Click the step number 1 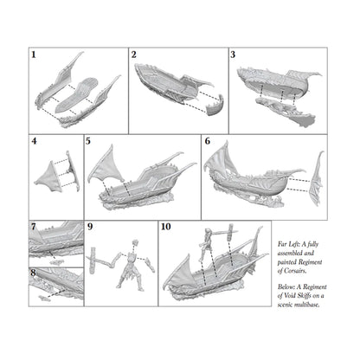pos(34,55)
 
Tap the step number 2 pos(133,55)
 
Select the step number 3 pos(233,55)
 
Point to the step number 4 pos(35,141)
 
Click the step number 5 pos(88,141)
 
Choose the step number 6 pos(208,141)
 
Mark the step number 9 pos(90,227)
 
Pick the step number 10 pos(166,227)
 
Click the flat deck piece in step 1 pos(77,95)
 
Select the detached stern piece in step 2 pos(215,106)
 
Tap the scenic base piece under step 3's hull pos(286,112)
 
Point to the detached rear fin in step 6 pos(316,178)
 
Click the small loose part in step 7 pos(57,262)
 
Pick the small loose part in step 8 pos(44,299)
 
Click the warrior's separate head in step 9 pos(135,242)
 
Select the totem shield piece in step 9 pos(93,260)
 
